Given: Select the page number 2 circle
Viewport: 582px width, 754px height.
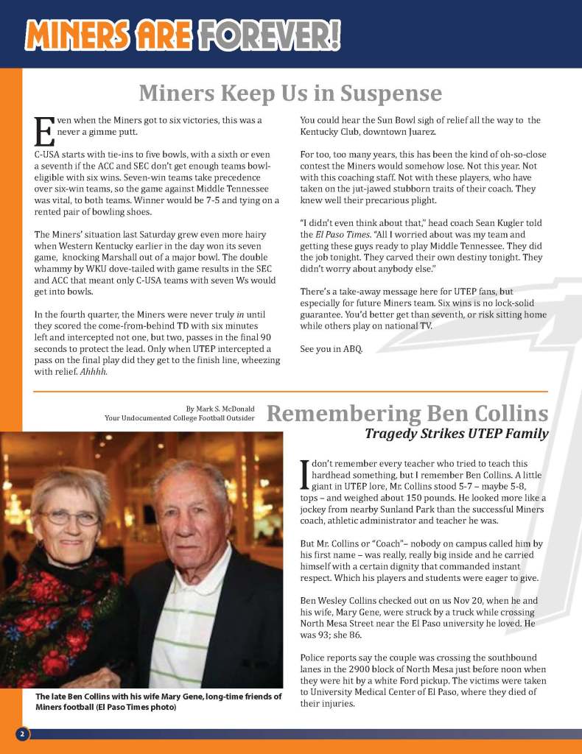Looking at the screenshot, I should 22,734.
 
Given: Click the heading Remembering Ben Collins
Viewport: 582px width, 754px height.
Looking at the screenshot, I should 407,412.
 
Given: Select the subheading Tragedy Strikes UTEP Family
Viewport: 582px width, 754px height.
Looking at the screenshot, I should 457,434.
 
